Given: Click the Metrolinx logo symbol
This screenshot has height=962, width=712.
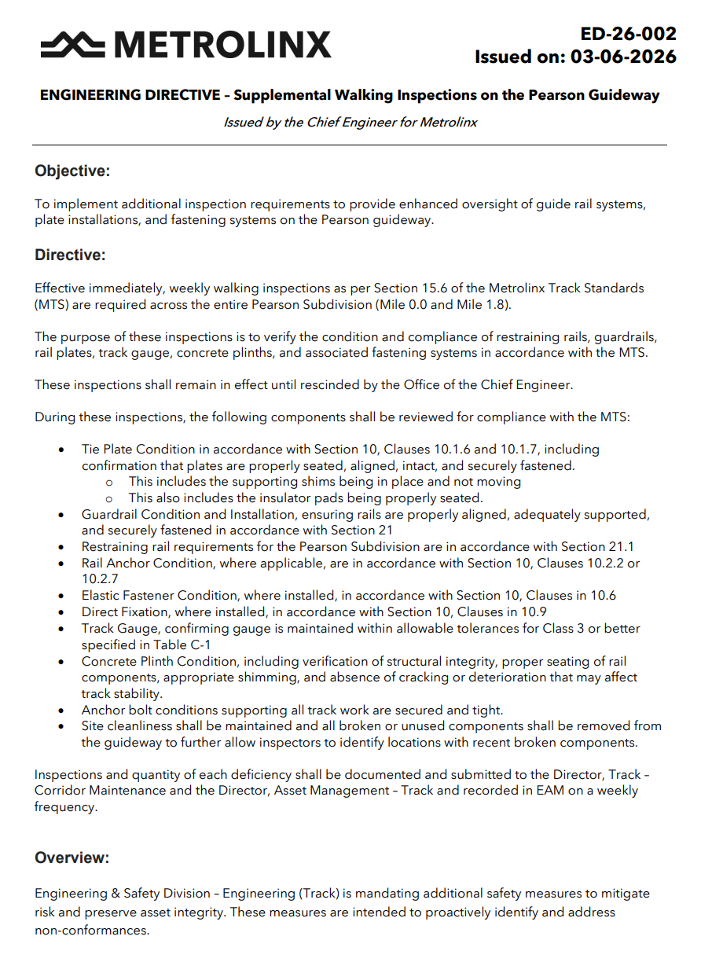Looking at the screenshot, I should [x=72, y=44].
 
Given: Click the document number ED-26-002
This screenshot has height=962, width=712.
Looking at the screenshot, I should [x=628, y=34].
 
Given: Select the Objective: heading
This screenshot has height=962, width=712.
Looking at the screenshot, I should [x=72, y=171].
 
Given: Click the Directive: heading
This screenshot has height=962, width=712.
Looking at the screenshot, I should [x=70, y=255].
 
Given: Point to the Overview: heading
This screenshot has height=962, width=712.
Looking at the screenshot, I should [x=72, y=857].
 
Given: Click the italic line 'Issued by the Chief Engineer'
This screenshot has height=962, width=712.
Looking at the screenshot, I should [x=350, y=122].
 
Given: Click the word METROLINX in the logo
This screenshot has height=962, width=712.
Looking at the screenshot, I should [x=222, y=45].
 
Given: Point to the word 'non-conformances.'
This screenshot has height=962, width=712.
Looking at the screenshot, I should [x=92, y=930].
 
